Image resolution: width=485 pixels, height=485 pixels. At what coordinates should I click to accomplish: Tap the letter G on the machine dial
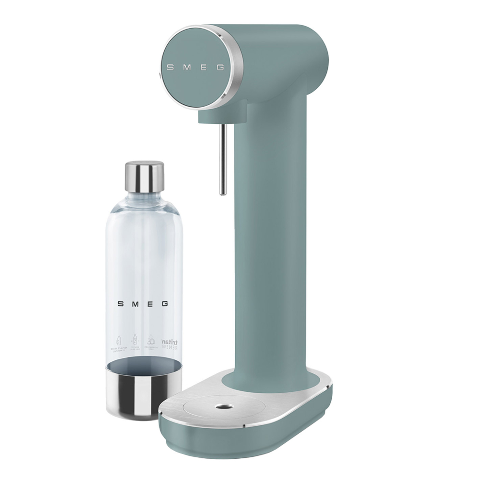pos(220,68)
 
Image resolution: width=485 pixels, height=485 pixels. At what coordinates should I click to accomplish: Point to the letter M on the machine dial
pos(187,68)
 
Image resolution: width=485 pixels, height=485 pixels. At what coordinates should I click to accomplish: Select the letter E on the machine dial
pos(204,68)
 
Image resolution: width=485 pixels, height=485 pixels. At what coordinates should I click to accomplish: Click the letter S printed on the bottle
pos(120,304)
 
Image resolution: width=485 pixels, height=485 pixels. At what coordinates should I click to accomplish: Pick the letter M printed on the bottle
pos(136,304)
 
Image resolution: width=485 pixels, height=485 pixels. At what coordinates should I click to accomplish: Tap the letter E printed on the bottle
pos(151,304)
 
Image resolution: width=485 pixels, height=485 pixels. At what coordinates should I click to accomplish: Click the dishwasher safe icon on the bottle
pos(151,341)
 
